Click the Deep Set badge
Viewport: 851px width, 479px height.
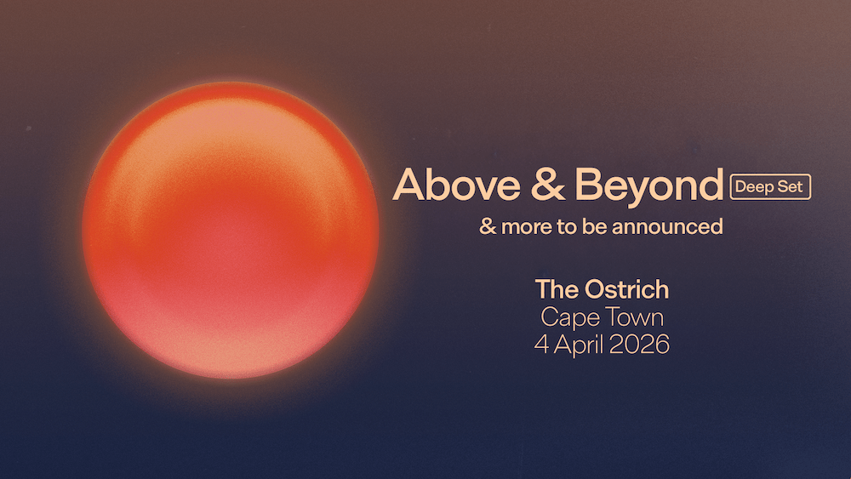click(771, 186)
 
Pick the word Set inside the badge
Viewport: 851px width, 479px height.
click(791, 186)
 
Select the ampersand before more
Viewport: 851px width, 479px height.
click(487, 227)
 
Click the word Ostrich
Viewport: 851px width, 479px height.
click(626, 289)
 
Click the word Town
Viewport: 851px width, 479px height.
click(635, 317)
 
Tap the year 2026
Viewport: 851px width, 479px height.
click(639, 345)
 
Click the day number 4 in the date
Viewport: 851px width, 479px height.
click(540, 345)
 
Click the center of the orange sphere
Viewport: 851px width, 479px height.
click(231, 230)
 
